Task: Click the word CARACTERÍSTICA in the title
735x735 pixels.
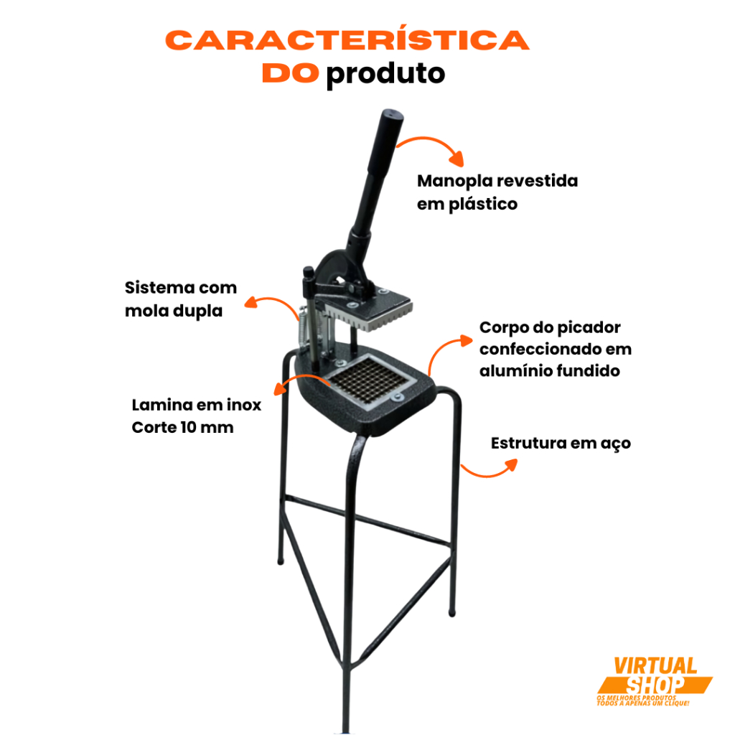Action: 347,40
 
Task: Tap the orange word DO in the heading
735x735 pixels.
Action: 290,73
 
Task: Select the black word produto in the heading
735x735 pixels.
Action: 385,74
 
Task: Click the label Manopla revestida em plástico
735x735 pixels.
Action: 497,192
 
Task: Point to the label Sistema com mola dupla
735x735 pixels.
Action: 180,299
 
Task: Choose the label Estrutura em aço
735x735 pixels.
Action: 561,444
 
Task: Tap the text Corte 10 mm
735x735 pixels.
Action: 182,428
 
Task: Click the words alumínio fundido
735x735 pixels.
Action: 549,371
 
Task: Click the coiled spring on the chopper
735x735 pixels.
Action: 304,328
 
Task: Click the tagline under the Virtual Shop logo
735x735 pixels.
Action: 643,701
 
